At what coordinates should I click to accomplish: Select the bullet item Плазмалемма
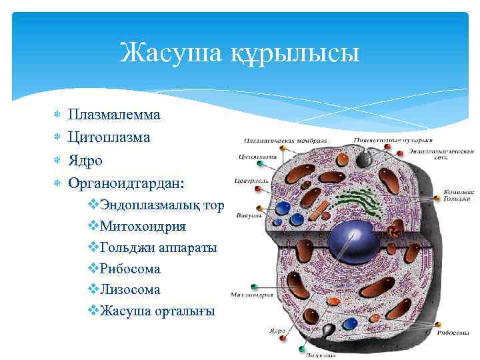[x=114, y=114]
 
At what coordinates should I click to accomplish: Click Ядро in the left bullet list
[x=85, y=160]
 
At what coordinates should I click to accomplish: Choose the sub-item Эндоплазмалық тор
[x=162, y=204]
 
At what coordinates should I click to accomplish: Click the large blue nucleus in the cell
[x=352, y=237]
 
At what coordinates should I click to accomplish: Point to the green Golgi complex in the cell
[x=363, y=201]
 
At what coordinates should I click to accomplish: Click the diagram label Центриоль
[x=251, y=181]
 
